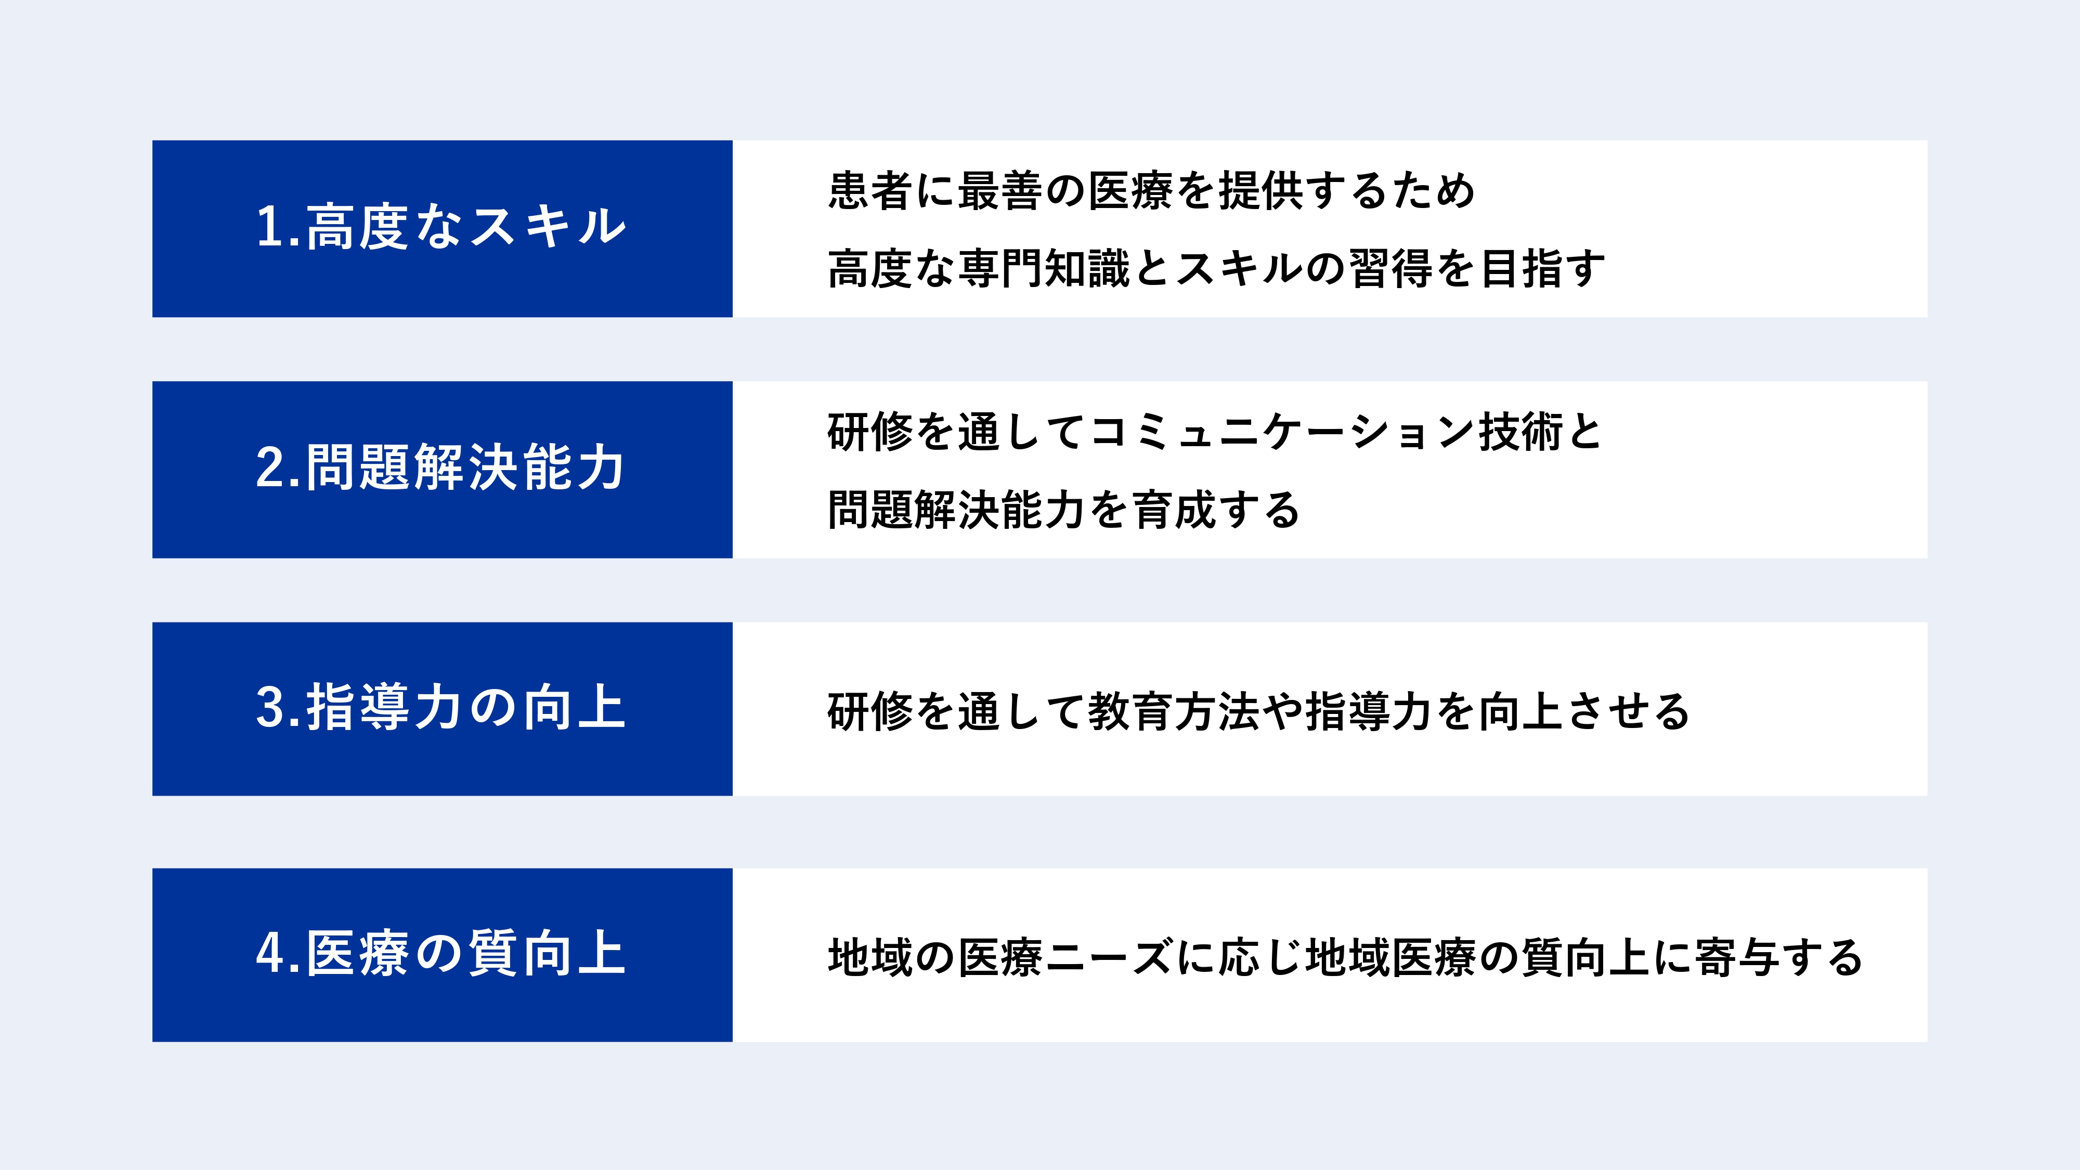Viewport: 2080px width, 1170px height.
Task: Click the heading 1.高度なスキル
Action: click(441, 226)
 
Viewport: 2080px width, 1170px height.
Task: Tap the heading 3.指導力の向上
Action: click(441, 707)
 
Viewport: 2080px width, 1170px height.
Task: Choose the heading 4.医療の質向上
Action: click(441, 954)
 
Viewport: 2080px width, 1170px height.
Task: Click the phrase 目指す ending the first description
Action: click(1542, 269)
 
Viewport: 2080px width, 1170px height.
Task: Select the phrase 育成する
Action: click(1216, 510)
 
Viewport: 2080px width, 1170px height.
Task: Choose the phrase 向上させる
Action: click(1584, 711)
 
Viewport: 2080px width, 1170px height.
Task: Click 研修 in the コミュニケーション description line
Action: click(869, 432)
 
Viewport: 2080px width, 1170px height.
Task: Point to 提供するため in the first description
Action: click(1347, 191)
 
